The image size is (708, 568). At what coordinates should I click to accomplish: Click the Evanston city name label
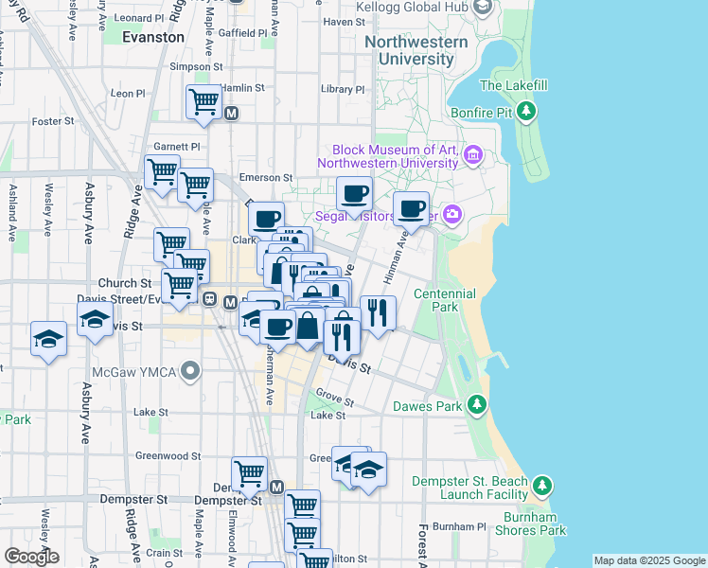pyautogui.click(x=153, y=37)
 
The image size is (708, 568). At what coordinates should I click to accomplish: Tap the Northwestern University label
pyautogui.click(x=416, y=50)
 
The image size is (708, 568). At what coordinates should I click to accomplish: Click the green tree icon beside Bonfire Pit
pyautogui.click(x=527, y=113)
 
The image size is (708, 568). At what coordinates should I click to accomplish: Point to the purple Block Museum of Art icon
pyautogui.click(x=473, y=153)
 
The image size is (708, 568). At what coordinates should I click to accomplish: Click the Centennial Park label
pyautogui.click(x=445, y=300)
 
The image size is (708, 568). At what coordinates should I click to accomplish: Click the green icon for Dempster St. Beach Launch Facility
pyautogui.click(x=541, y=486)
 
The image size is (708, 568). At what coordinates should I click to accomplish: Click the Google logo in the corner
pyautogui.click(x=32, y=557)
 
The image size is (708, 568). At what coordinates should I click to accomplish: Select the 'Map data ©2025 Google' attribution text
pyautogui.click(x=649, y=560)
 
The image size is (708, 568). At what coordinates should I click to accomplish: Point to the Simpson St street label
pyautogui.click(x=195, y=67)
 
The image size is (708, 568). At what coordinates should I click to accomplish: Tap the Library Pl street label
pyautogui.click(x=342, y=89)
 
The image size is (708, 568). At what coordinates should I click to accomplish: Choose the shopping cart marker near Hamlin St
pyautogui.click(x=204, y=101)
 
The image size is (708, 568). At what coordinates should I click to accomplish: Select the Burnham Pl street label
pyautogui.click(x=458, y=526)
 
